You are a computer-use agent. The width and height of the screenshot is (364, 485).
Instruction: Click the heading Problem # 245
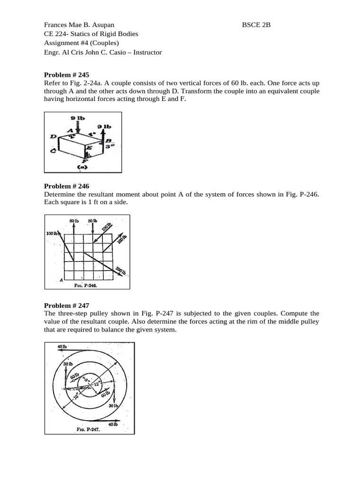66,74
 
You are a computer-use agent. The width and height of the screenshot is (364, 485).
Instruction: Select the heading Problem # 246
66,187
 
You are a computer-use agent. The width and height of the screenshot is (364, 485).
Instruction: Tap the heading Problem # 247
66,306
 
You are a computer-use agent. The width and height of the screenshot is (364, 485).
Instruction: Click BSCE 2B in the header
256,25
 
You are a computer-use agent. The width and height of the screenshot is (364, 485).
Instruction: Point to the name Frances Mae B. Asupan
79,25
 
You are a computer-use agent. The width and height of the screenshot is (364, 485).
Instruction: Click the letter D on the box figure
53,137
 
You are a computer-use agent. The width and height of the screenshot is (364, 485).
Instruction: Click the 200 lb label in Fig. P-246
121,270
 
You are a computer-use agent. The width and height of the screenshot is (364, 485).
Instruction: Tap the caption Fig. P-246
86,286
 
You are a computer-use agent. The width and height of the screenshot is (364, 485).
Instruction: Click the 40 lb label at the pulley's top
62,347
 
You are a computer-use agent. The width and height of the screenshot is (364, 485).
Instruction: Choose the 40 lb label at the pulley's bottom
113,424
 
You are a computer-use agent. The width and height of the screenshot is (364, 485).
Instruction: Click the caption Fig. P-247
87,430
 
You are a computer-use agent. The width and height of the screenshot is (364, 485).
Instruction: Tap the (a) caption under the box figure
82,167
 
